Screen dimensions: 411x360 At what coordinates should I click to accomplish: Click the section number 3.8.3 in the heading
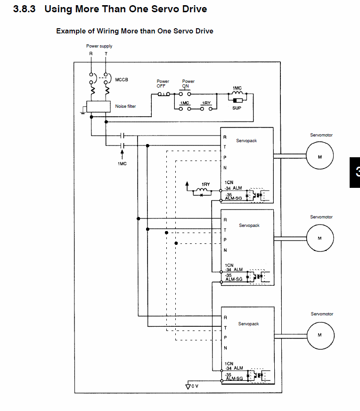coord(25,9)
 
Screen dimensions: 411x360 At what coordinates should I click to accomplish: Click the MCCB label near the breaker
coord(122,80)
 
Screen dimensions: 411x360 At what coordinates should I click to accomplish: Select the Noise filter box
coord(98,106)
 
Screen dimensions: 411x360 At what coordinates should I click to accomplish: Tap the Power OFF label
coord(163,83)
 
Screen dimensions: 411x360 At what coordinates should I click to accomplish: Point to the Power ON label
coord(188,83)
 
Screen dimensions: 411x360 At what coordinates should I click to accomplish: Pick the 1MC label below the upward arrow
coord(122,163)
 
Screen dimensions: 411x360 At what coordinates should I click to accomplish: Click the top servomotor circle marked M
coord(320,156)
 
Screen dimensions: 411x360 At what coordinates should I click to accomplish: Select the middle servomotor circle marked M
coord(320,238)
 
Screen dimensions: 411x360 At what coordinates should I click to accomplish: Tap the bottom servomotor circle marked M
coord(320,335)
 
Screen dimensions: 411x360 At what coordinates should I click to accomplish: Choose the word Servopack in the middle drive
coord(249,226)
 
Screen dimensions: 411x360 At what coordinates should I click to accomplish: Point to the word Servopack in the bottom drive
coord(248,324)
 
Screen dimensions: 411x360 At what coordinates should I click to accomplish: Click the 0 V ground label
coord(195,386)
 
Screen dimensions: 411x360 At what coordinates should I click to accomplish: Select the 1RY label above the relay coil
coord(205,184)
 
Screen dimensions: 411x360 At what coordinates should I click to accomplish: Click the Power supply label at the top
coord(99,46)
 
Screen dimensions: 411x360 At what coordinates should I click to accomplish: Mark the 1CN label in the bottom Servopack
coord(229,363)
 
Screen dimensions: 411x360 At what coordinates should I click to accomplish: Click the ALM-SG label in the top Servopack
coord(233,199)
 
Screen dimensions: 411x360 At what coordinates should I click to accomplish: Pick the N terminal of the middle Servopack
coord(225,250)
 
